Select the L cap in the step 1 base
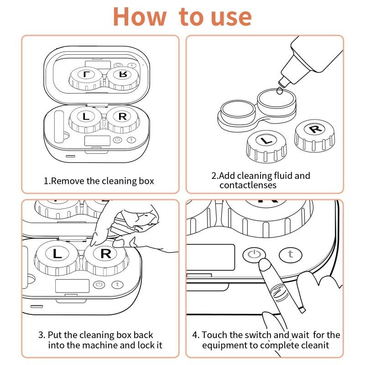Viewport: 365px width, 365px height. coord(86,117)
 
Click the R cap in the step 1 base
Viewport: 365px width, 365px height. coord(122,117)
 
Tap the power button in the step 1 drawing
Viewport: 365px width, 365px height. coord(117,140)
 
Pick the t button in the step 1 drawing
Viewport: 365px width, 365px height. coord(132,140)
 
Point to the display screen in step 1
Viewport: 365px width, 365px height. coord(97,141)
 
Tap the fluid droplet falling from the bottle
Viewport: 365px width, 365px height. coord(279,91)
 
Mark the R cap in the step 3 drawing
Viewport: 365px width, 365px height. coord(105,254)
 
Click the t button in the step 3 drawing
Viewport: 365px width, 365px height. coord(118,284)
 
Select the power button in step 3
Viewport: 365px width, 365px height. coord(99,284)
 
